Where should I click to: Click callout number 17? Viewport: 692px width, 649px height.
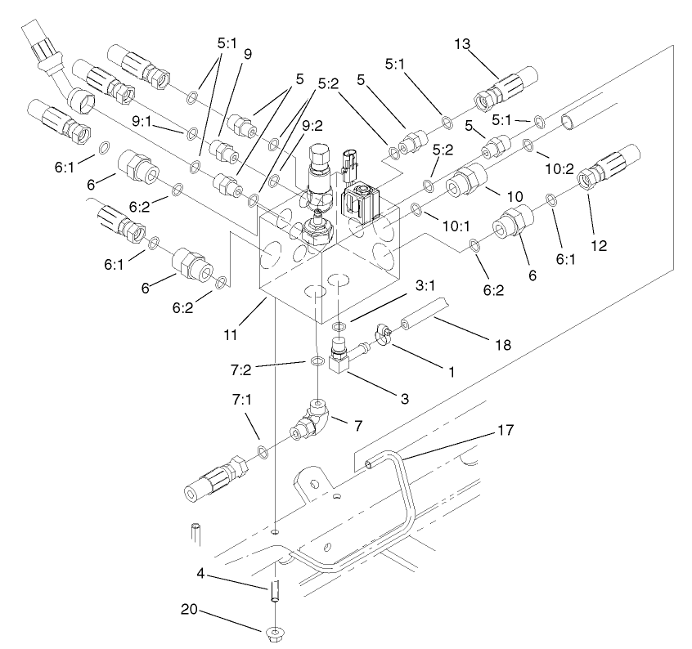coord(504,430)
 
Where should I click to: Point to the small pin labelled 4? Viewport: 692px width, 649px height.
coord(276,589)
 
